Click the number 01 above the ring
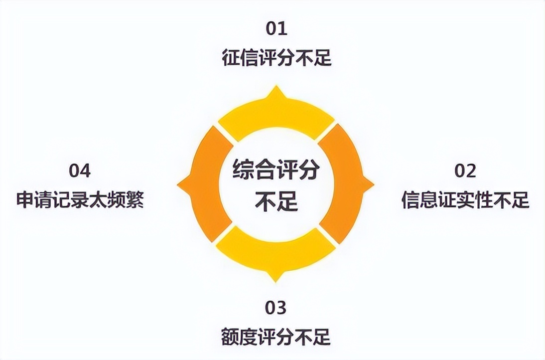coord(276,28)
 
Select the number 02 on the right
coord(465,171)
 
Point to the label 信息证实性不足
coord(465,200)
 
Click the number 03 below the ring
coord(276,308)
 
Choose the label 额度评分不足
coord(276,337)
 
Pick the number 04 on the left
coord(80,171)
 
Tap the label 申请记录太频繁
coord(80,200)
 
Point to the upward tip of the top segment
coord(276,89)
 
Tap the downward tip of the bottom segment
coord(276,279)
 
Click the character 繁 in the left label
coord(135,200)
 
